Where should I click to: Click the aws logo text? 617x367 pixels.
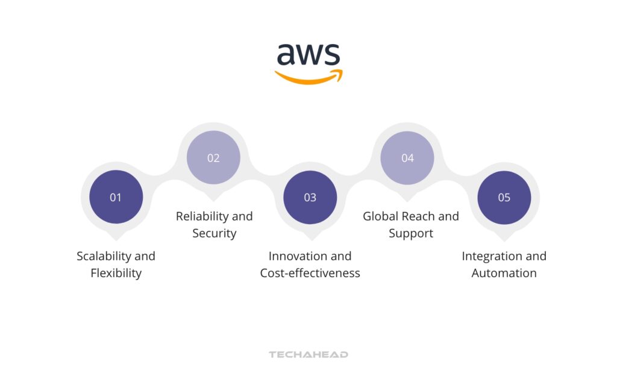coord(308,55)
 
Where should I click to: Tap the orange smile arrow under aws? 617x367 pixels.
coord(308,78)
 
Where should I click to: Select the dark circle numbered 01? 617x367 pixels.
coord(116,197)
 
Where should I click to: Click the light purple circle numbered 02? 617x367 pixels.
coord(213,158)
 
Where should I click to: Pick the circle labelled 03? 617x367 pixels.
coord(310,197)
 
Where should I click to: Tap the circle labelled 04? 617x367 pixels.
coord(407,158)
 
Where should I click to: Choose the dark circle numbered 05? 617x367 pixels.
coord(504,197)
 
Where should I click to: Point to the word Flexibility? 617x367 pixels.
coord(116,273)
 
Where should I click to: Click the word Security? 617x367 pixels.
coord(214,233)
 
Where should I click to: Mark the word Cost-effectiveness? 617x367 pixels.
coord(310,273)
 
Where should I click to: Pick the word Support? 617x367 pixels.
coord(411,233)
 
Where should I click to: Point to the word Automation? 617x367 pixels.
coord(504,273)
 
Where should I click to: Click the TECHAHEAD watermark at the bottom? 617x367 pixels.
coord(308,354)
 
